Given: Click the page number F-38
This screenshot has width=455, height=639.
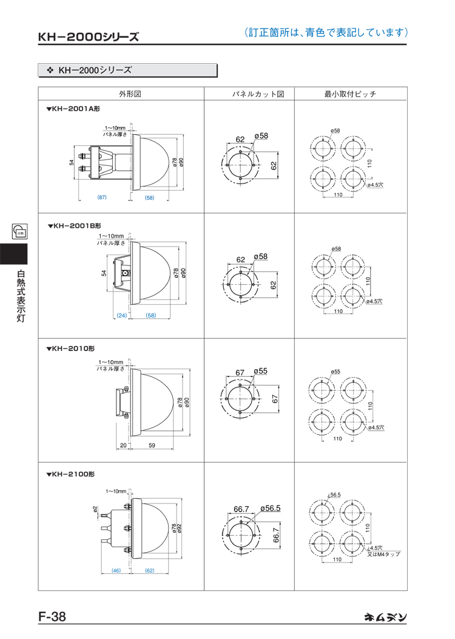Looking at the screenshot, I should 52,616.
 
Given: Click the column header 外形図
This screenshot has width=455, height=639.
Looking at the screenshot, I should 130,94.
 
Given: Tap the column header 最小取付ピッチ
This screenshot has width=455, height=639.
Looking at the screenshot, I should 350,94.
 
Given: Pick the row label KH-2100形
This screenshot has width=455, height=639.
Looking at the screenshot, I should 71,473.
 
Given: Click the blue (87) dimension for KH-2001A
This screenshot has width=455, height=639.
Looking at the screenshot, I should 102,197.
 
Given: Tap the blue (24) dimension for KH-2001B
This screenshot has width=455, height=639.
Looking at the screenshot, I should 122,315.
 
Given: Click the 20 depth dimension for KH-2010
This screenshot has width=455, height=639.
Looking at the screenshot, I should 123,445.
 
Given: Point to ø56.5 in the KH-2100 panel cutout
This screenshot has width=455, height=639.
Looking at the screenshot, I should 270,508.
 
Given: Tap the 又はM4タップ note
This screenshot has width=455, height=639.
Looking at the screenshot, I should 383,554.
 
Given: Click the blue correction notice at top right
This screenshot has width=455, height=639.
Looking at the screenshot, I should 325,32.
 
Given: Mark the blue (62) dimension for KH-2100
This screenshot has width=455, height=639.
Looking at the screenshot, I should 150,570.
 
